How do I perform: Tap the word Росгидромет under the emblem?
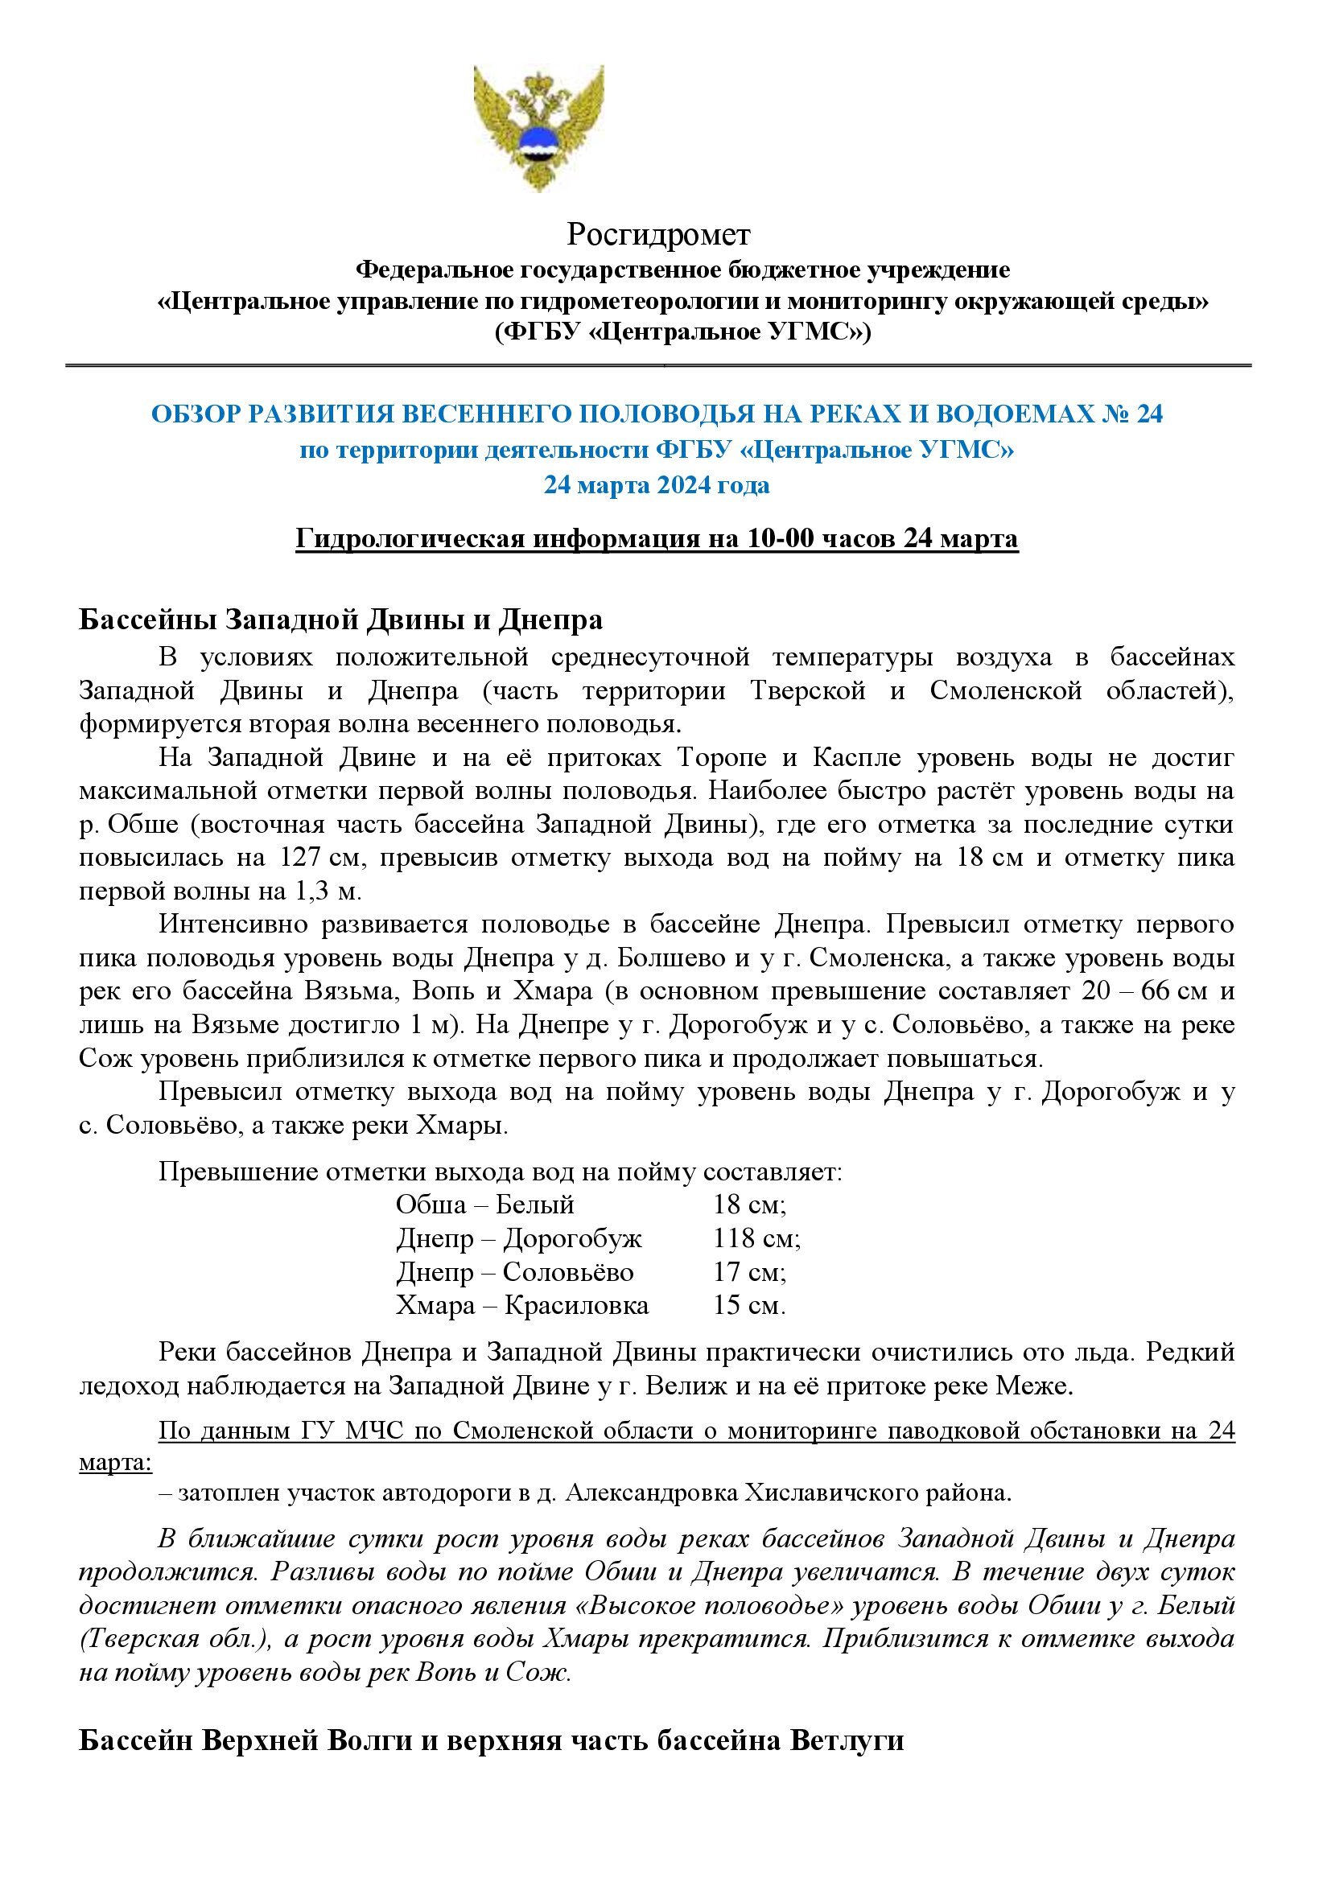click(x=658, y=235)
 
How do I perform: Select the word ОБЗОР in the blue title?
click(x=193, y=414)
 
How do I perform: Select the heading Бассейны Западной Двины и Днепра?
click(x=340, y=620)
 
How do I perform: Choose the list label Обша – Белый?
click(x=484, y=1205)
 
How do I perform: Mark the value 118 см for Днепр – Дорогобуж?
click(x=756, y=1238)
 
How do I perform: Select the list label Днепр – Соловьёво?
click(x=515, y=1271)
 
